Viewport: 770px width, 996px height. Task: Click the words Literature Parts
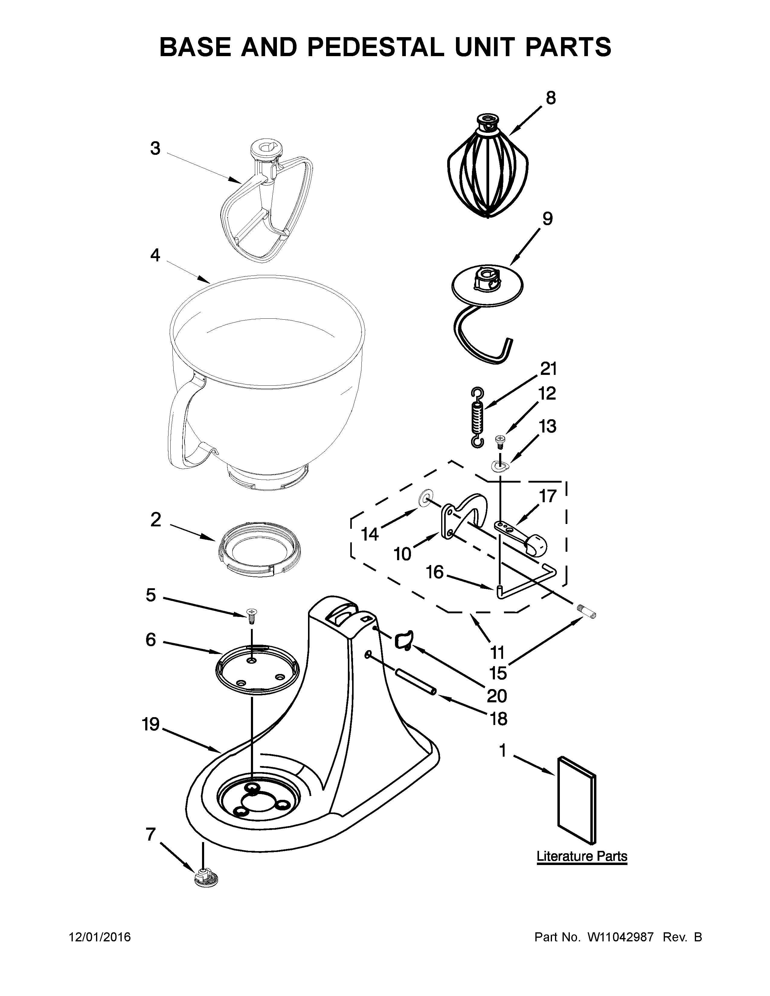tap(582, 856)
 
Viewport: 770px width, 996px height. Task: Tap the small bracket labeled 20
tap(403, 640)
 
